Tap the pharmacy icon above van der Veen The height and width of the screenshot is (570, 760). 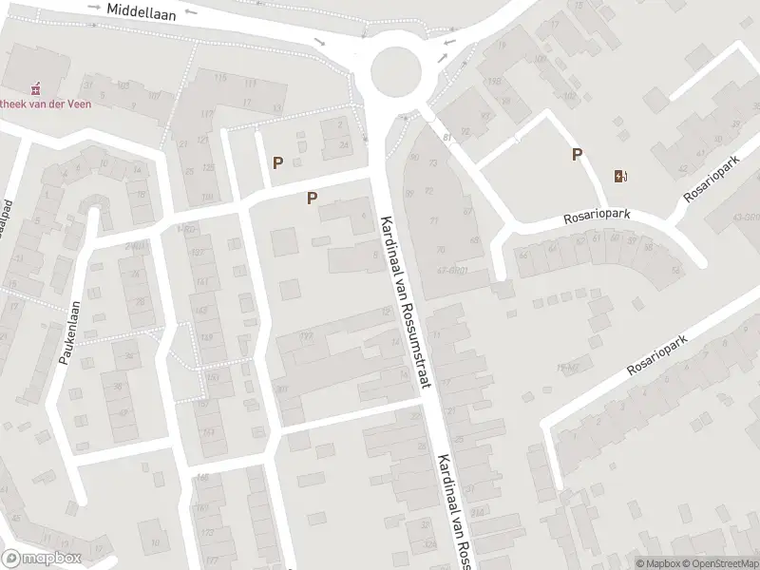37,89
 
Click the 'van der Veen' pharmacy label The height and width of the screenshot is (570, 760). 47,104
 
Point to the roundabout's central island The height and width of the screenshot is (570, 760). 395,67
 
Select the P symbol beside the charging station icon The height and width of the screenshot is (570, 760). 576,155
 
